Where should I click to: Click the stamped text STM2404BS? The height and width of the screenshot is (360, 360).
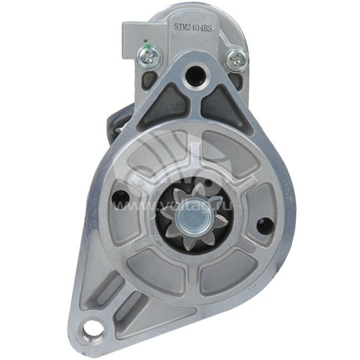pyautogui.click(x=193, y=27)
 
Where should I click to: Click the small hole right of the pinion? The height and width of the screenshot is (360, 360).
pyautogui.click(x=265, y=224)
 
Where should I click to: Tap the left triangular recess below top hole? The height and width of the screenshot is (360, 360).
pyautogui.click(x=165, y=105)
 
